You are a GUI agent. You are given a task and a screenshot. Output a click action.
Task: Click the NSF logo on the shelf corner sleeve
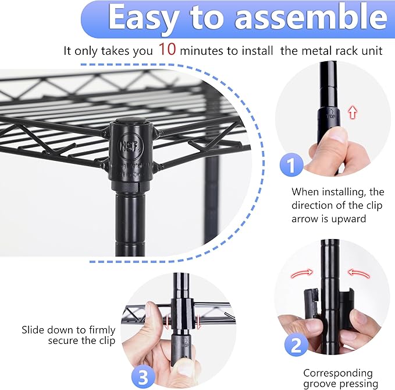(126, 145)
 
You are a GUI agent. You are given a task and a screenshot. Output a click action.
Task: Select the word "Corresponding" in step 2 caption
(338, 373)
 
